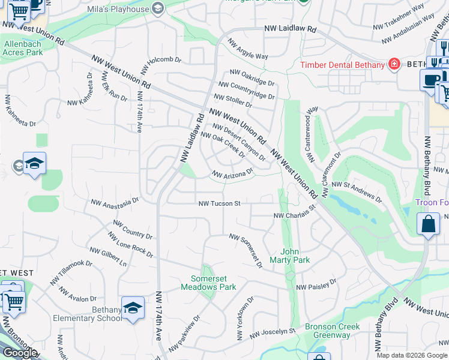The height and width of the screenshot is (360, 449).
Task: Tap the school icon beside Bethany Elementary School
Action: pyautogui.click(x=133, y=308)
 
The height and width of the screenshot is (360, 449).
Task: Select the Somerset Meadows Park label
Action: pyautogui.click(x=205, y=283)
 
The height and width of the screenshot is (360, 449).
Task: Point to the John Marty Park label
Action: pyautogui.click(x=295, y=256)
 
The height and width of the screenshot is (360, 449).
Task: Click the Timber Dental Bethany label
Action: pyautogui.click(x=342, y=65)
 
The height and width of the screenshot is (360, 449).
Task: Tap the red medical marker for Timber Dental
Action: pyautogui.click(x=394, y=64)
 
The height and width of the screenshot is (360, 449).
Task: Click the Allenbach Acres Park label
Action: pyautogui.click(x=23, y=47)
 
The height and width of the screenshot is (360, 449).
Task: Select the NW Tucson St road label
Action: pyautogui.click(x=220, y=203)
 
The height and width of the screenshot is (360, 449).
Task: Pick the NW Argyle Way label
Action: pyautogui.click(x=247, y=52)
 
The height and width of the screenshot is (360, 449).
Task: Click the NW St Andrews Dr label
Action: pyautogui.click(x=357, y=190)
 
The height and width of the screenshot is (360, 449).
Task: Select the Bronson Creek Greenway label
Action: pyautogui.click(x=332, y=331)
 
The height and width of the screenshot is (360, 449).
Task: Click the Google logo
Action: pyautogui.click(x=20, y=353)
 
